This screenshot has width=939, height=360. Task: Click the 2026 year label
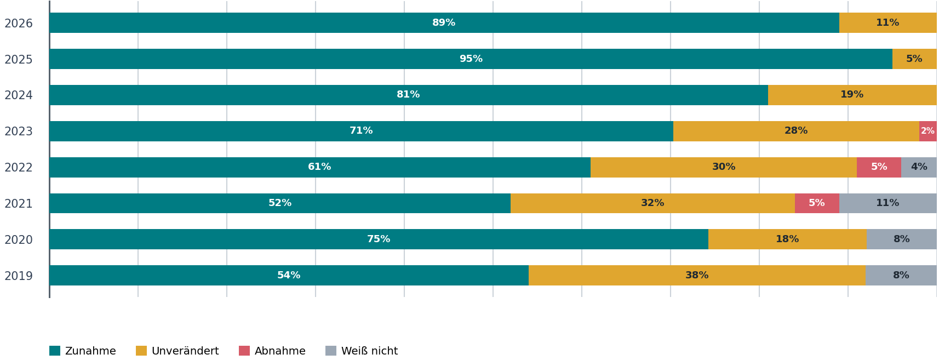pos(19,24)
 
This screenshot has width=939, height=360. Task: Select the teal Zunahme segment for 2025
pos(471,59)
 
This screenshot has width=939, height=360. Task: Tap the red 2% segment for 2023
pos(927,131)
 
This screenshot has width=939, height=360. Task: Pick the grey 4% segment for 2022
pos(919,167)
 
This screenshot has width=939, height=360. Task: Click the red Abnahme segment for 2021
pos(817,203)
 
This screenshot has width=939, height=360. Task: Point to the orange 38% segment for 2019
pos(697,276)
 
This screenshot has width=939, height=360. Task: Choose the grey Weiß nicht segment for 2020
pos(901,239)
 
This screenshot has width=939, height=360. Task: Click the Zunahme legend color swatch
pos(55,351)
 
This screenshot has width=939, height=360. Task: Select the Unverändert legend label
pos(185,351)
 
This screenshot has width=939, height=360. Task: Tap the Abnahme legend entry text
pos(279,351)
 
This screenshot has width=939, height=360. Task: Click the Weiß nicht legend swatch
pos(331,351)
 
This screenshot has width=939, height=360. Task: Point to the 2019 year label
pos(19,276)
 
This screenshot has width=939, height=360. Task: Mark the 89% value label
pos(444,22)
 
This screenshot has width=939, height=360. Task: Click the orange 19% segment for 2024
pos(852,95)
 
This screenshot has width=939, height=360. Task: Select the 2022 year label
pos(19,168)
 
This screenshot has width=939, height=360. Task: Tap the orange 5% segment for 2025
pos(914,59)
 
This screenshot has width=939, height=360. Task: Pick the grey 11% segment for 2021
pos(888,203)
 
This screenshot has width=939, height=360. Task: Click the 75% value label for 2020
pos(379,239)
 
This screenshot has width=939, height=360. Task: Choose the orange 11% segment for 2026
pos(888,22)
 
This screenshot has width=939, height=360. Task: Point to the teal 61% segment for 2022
pos(320,167)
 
